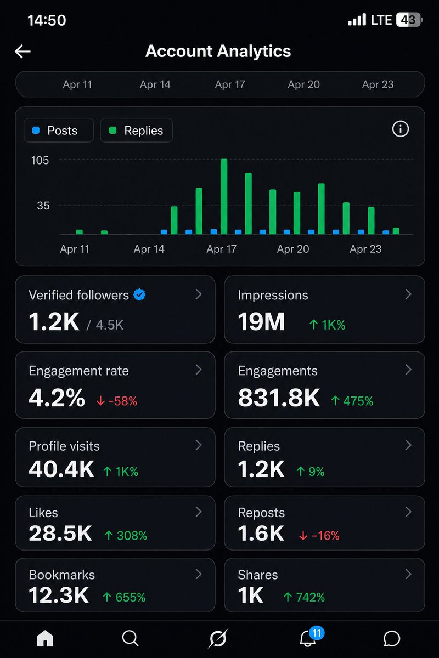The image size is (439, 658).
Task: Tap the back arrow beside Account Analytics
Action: click(x=22, y=52)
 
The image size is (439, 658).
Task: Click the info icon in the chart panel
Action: click(x=401, y=129)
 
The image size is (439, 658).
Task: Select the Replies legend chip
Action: click(x=136, y=131)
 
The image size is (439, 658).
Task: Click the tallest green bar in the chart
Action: click(x=224, y=196)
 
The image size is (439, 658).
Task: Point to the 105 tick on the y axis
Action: click(x=40, y=160)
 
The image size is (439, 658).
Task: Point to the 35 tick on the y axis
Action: click(x=43, y=206)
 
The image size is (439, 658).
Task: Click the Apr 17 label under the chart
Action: click(x=221, y=249)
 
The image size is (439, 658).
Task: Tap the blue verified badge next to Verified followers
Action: click(x=140, y=295)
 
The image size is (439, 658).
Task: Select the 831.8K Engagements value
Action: click(x=279, y=399)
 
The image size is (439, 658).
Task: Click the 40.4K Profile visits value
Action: click(x=61, y=469)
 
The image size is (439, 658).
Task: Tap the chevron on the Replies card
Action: click(x=408, y=445)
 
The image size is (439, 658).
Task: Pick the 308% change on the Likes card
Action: click(x=126, y=535)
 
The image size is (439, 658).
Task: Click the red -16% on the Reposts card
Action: click(x=319, y=535)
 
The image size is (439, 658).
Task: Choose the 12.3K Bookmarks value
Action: click(x=59, y=595)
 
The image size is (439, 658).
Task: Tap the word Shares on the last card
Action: click(x=258, y=575)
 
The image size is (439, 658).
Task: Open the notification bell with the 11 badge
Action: click(x=308, y=638)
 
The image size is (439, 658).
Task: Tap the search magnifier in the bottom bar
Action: click(x=130, y=638)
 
